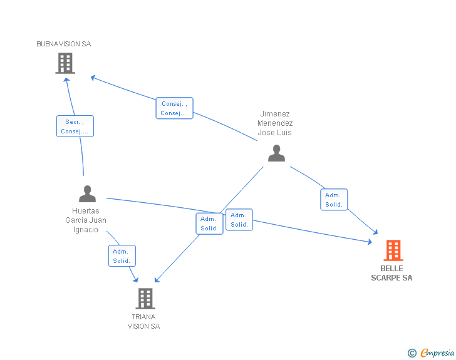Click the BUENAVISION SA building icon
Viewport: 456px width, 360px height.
[x=65, y=63]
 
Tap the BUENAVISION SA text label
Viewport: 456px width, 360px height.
[x=64, y=44]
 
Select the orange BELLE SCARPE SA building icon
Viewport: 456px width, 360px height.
[x=393, y=250]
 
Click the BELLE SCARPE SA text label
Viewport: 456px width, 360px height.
[x=391, y=273]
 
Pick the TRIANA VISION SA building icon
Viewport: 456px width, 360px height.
[x=145, y=298]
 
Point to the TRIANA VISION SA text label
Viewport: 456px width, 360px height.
[x=143, y=321]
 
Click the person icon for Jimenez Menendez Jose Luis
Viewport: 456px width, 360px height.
[x=276, y=153]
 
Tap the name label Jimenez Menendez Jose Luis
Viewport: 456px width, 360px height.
[x=275, y=123]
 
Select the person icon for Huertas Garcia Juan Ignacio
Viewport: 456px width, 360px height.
[x=88, y=193]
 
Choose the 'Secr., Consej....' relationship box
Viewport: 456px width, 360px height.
[x=75, y=126]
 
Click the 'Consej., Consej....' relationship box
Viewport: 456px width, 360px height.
[x=174, y=108]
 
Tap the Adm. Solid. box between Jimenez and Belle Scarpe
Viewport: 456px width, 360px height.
[x=334, y=200]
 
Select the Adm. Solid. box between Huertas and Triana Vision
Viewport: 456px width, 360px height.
[x=122, y=255]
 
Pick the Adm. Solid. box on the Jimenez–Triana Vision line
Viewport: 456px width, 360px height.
[x=209, y=224]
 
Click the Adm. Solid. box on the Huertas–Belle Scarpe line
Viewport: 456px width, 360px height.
[x=239, y=220]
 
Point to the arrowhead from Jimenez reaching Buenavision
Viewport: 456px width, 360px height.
[x=93, y=78]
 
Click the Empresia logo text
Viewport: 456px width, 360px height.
[x=437, y=353]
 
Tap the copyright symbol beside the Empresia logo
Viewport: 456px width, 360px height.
[x=412, y=354]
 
